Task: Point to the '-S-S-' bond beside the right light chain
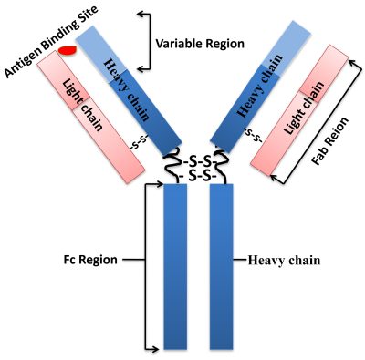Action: pyautogui.click(x=255, y=137)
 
